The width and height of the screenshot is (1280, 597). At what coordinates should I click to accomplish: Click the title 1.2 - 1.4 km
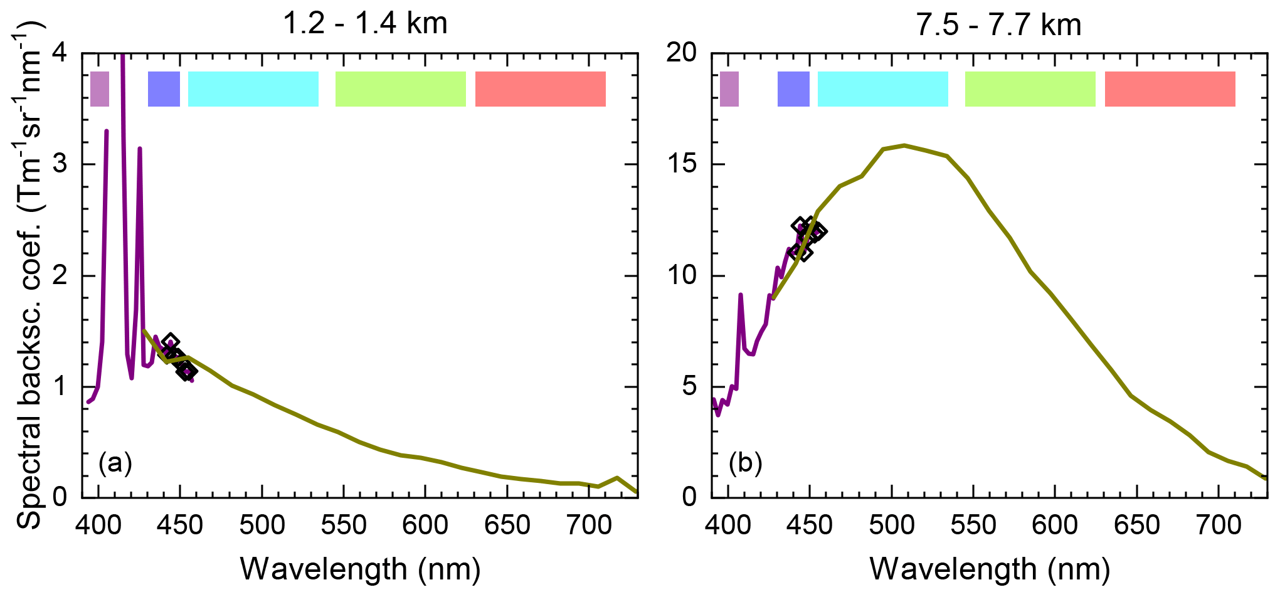pyautogui.click(x=365, y=24)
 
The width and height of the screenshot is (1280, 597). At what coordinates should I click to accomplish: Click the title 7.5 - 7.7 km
pyautogui.click(x=998, y=25)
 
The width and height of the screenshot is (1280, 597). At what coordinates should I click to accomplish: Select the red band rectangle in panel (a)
pyautogui.click(x=540, y=89)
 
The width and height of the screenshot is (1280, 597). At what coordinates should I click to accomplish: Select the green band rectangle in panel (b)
pyautogui.click(x=1030, y=89)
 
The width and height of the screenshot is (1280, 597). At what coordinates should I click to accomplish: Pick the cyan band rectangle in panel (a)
pyautogui.click(x=253, y=89)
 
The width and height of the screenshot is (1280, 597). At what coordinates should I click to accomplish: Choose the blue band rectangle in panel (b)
pyautogui.click(x=793, y=89)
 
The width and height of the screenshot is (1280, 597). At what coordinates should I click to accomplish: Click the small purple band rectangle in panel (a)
pyautogui.click(x=100, y=89)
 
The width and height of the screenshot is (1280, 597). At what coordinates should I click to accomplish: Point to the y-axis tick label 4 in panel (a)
pyautogui.click(x=60, y=53)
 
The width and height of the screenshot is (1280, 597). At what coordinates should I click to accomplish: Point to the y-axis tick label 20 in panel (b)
pyautogui.click(x=682, y=53)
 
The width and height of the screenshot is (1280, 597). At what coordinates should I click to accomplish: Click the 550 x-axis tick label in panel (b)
pyautogui.click(x=973, y=525)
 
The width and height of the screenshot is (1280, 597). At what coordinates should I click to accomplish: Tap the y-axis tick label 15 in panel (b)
pyautogui.click(x=682, y=164)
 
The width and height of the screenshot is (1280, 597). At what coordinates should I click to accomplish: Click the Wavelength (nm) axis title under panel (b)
pyautogui.click(x=990, y=569)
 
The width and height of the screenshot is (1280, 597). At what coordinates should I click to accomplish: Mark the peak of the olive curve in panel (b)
pyautogui.click(x=904, y=145)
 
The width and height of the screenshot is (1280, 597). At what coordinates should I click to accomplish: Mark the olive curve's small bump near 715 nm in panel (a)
pyautogui.click(x=617, y=478)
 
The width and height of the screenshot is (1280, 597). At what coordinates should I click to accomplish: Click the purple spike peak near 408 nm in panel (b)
pyautogui.click(x=741, y=294)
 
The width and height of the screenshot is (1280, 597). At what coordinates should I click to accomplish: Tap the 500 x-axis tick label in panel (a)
pyautogui.click(x=262, y=525)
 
